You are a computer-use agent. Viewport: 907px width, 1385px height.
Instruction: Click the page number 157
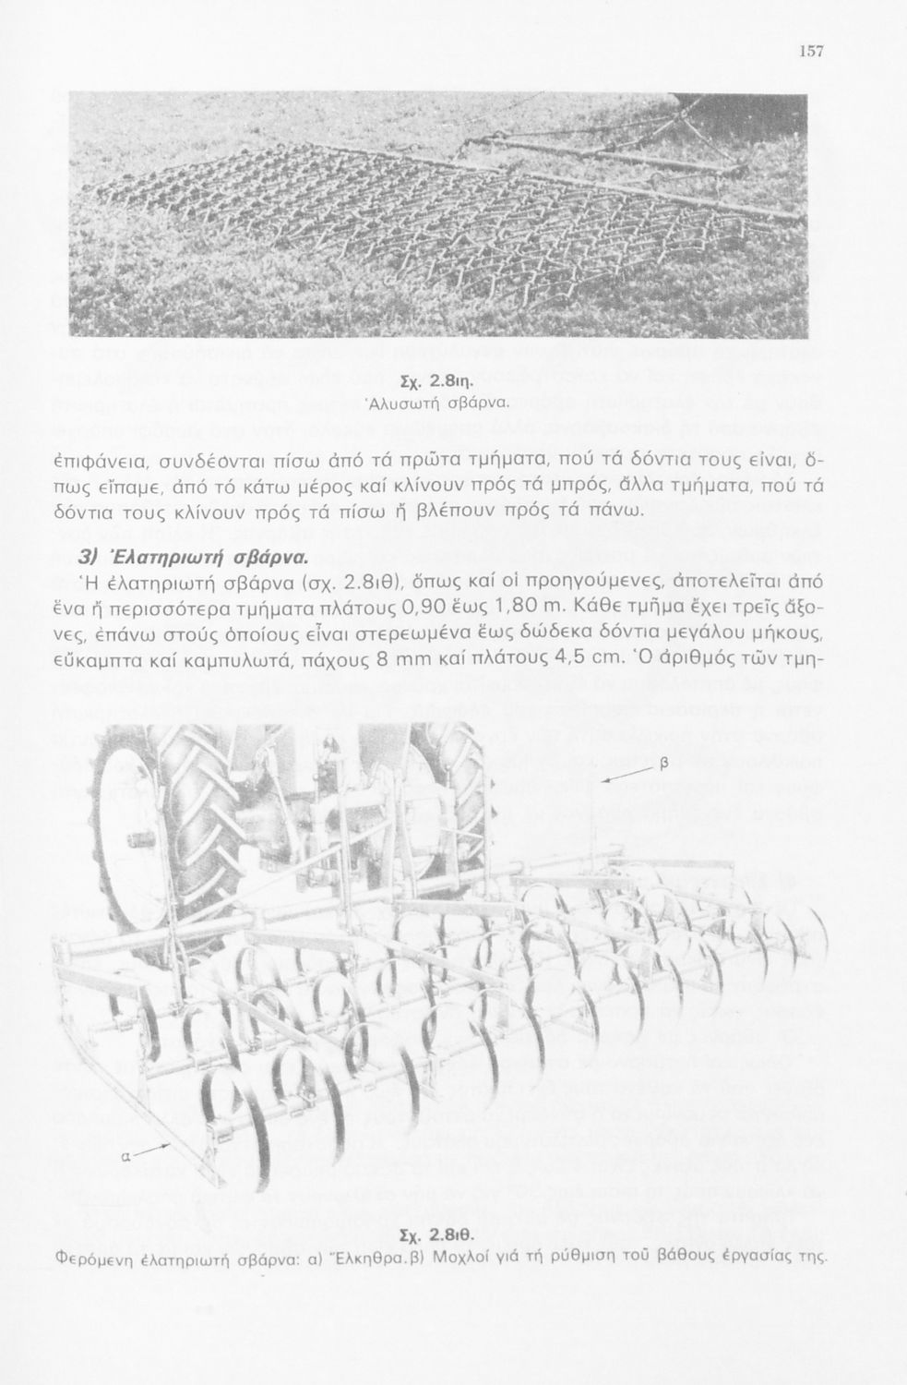click(x=811, y=52)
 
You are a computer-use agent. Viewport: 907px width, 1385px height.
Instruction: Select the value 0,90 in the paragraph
click(x=434, y=606)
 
